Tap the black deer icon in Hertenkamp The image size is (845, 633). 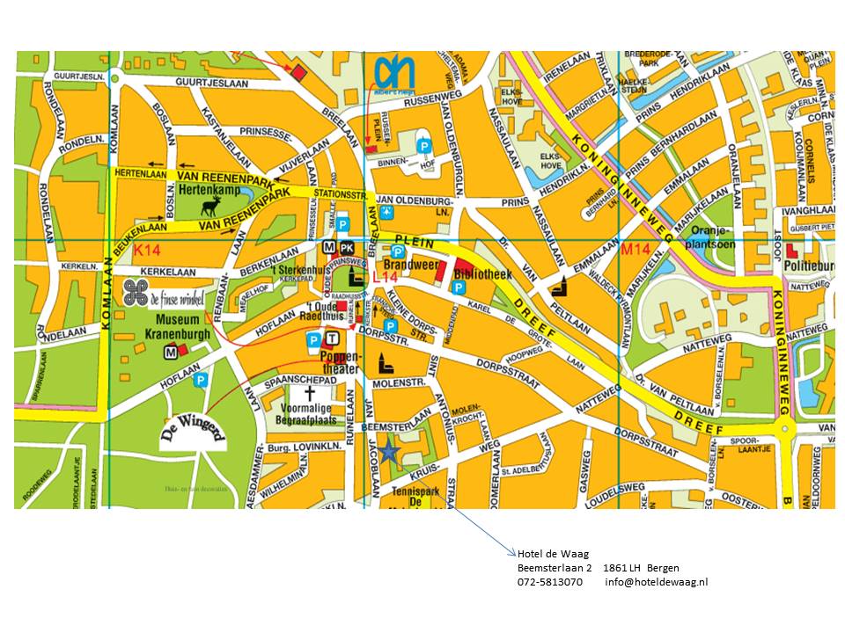(210, 207)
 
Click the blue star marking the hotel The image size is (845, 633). (391, 452)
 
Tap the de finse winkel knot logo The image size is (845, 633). (136, 295)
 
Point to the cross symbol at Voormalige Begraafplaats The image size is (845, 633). (309, 393)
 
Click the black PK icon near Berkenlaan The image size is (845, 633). (347, 247)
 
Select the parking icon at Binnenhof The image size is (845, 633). (424, 147)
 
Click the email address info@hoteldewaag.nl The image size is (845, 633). (656, 582)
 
